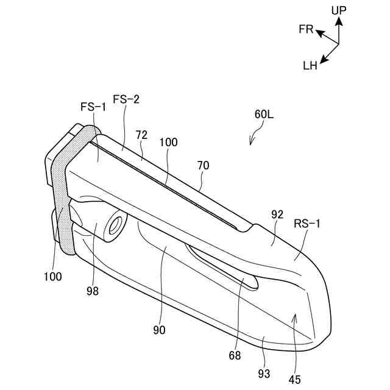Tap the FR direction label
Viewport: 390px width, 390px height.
tap(306, 29)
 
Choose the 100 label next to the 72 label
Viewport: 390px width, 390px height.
tap(169, 143)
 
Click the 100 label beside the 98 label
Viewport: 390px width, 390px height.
tap(53, 276)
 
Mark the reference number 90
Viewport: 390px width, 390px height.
tap(160, 330)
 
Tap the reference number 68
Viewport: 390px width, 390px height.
tap(235, 355)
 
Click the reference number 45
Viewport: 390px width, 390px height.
tap(294, 379)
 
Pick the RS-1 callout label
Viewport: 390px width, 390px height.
tap(308, 224)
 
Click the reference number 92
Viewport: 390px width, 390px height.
tap(277, 214)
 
